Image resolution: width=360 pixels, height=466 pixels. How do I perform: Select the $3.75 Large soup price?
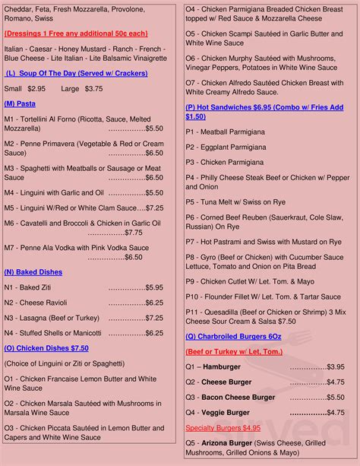(93, 88)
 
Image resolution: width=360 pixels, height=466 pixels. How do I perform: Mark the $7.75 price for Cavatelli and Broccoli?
(134, 233)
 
